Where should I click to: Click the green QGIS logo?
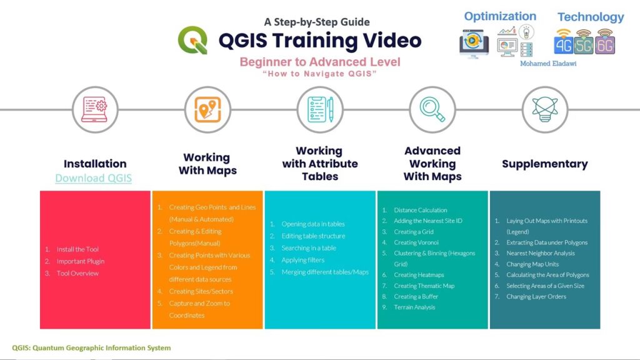[192, 40]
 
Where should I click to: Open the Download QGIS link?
[94, 178]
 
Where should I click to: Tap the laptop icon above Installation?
[94, 109]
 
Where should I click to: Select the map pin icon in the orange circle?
[207, 109]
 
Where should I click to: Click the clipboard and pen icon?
[320, 109]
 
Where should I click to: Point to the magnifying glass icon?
[432, 109]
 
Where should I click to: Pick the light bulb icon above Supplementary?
[545, 109]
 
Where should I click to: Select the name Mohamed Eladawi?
[548, 64]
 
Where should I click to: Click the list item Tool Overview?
[77, 273]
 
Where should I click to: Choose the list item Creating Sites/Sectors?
[201, 291]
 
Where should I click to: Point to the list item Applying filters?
[303, 260]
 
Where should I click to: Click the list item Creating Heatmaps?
[419, 275]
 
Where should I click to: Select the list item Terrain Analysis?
[414, 307]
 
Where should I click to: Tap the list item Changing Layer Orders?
[536, 296]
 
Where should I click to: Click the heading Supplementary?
[545, 164]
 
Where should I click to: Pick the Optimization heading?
[500, 16]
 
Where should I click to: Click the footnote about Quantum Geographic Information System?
[91, 347]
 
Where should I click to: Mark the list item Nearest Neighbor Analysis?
[541, 253]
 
